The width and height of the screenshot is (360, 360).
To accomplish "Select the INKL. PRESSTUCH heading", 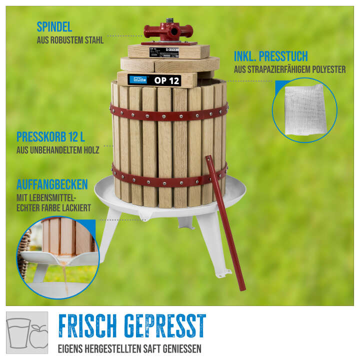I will pyautogui.click(x=270, y=56).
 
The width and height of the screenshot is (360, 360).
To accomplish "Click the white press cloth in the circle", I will pyautogui.click(x=304, y=108).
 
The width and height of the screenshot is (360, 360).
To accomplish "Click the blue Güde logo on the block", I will pyautogui.click(x=138, y=79).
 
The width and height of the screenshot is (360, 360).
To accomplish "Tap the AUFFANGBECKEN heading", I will pyautogui.click(x=52, y=183).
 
